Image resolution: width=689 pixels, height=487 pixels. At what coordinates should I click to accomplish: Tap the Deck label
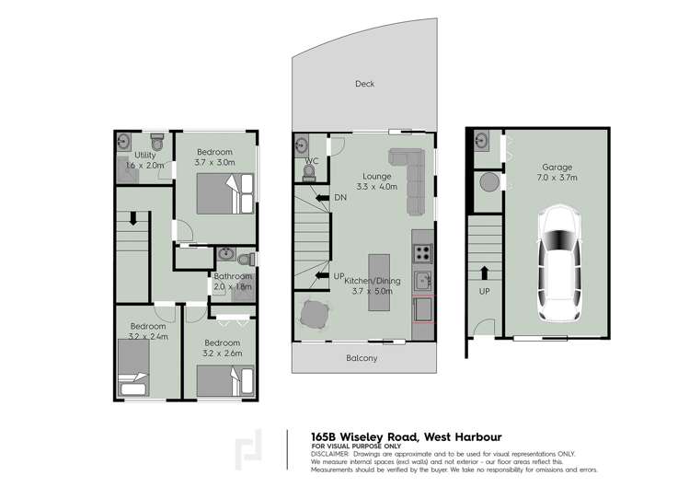click(x=365, y=84)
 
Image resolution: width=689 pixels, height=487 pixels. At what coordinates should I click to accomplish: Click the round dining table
click(x=314, y=315)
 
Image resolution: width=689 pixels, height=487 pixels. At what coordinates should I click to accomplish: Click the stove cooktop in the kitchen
click(x=422, y=249)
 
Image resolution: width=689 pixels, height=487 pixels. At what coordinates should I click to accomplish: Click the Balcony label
click(x=362, y=358)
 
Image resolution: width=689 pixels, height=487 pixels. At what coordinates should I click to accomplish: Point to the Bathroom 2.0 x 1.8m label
click(x=233, y=281)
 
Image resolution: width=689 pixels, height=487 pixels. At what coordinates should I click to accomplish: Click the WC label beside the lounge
click(x=311, y=161)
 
